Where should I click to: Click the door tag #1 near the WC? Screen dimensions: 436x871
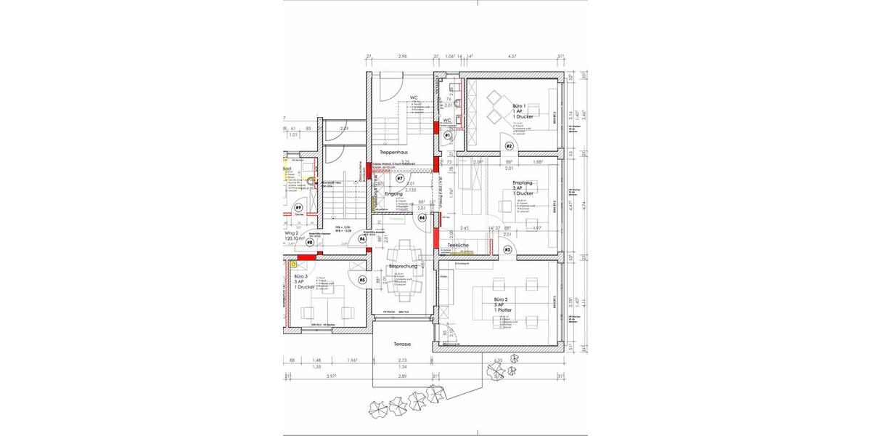tap(448, 136)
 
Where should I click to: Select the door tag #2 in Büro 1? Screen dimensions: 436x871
tap(509, 145)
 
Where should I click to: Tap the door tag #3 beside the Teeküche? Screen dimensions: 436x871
tap(507, 250)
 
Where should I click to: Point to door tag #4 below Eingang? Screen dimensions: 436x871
tap(422, 217)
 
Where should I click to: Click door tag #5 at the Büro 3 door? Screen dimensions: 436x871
tap(362, 280)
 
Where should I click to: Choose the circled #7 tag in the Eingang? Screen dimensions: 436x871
tap(399, 178)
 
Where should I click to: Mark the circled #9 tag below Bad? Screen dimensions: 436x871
tap(298, 208)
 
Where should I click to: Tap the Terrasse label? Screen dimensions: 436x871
tap(403, 344)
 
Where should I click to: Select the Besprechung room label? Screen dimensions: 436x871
tap(403, 267)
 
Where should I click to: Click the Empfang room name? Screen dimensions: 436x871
tap(523, 182)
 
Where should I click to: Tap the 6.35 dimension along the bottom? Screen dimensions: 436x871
tap(498, 360)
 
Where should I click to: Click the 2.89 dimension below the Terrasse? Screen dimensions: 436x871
tap(403, 376)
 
